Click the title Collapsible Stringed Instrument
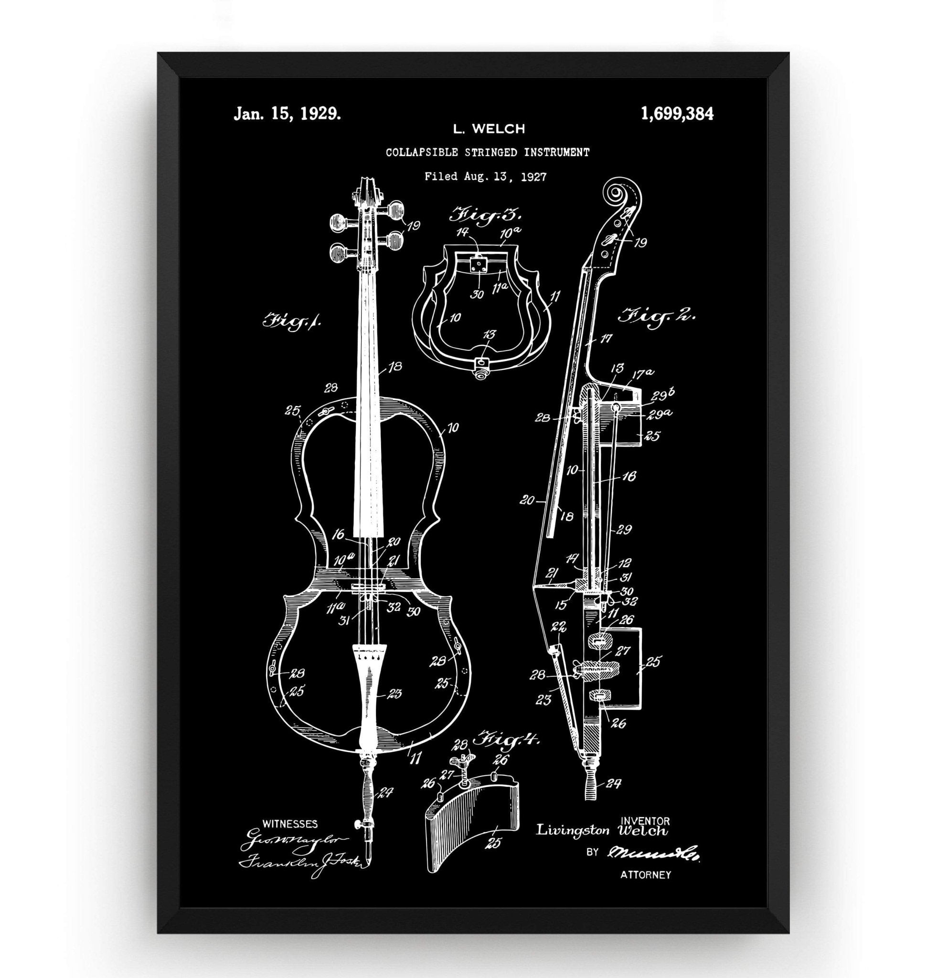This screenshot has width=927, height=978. point(487,152)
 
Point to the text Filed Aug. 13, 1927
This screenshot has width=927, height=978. point(486,176)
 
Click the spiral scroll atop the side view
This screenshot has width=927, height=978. point(618,191)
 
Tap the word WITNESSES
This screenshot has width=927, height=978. point(290,823)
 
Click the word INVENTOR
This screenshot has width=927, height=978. point(646,821)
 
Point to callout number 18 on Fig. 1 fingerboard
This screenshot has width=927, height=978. point(395,367)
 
